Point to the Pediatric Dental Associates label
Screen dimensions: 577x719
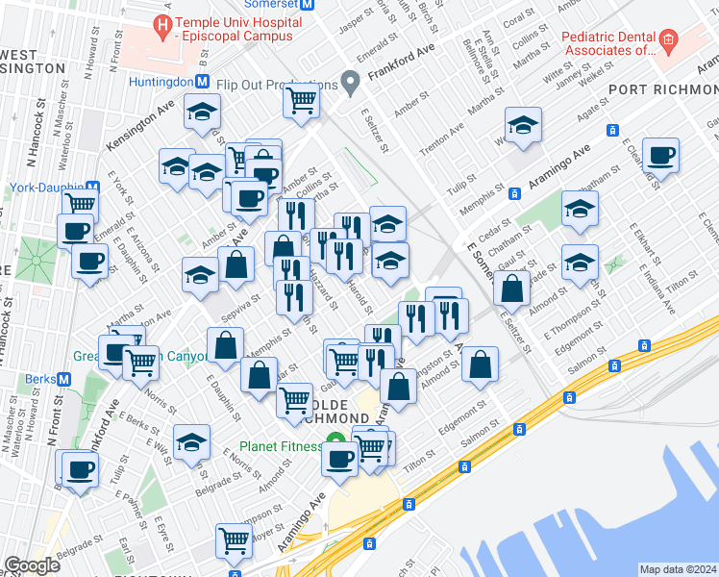click(608, 42)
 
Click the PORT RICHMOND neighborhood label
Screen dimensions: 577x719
click(662, 88)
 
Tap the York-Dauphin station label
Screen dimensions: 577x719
click(44, 188)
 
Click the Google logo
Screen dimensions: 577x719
click(32, 564)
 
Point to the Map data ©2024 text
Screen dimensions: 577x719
click(678, 569)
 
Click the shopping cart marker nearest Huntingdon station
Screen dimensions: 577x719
click(302, 98)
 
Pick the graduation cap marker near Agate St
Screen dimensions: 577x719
click(523, 125)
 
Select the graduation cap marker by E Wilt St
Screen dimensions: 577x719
click(192, 441)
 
